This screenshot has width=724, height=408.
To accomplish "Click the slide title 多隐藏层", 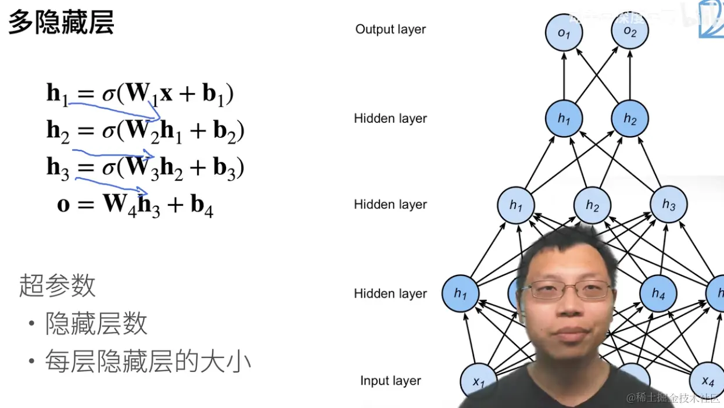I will pyautogui.click(x=61, y=23).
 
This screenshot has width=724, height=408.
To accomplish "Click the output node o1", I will pyautogui.click(x=564, y=33).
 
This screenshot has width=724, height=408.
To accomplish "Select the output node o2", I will pyautogui.click(x=630, y=31).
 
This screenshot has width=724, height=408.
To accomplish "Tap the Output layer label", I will pyautogui.click(x=390, y=29).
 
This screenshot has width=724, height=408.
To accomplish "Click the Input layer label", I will pyautogui.click(x=390, y=381).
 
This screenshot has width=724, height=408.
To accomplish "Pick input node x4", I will pyautogui.click(x=707, y=381).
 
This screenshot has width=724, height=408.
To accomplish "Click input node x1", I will pyautogui.click(x=478, y=381).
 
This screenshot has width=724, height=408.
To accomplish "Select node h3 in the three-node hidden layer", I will pyautogui.click(x=669, y=205).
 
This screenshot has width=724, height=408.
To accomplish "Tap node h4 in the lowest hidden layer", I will pyautogui.click(x=658, y=293).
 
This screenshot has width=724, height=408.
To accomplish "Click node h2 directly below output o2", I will pyautogui.click(x=630, y=119).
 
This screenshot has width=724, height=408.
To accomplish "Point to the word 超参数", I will pyautogui.click(x=57, y=285).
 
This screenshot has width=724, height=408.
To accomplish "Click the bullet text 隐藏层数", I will pyautogui.click(x=96, y=324).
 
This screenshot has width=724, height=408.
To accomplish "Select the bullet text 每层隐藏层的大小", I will pyautogui.click(x=148, y=362).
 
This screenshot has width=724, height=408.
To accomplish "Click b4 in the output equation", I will pyautogui.click(x=202, y=206).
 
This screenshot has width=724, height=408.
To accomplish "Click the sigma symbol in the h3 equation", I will pyautogui.click(x=109, y=169).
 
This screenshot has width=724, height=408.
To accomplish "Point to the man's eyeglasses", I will pyautogui.click(x=571, y=290).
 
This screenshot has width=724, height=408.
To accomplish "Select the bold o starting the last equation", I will pyautogui.click(x=63, y=205).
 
